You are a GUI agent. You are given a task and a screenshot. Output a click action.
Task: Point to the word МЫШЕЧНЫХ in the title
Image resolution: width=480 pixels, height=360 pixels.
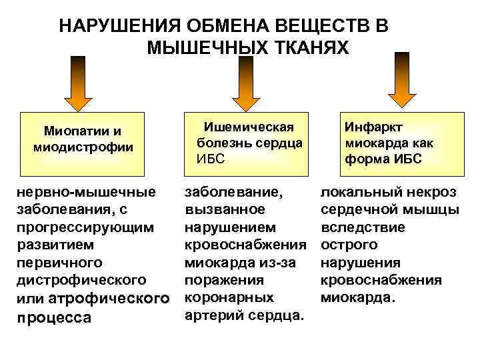pyautogui.click(x=200, y=48)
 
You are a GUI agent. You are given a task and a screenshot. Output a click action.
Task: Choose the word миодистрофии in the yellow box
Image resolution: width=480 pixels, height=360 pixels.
pyautogui.click(x=83, y=146)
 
